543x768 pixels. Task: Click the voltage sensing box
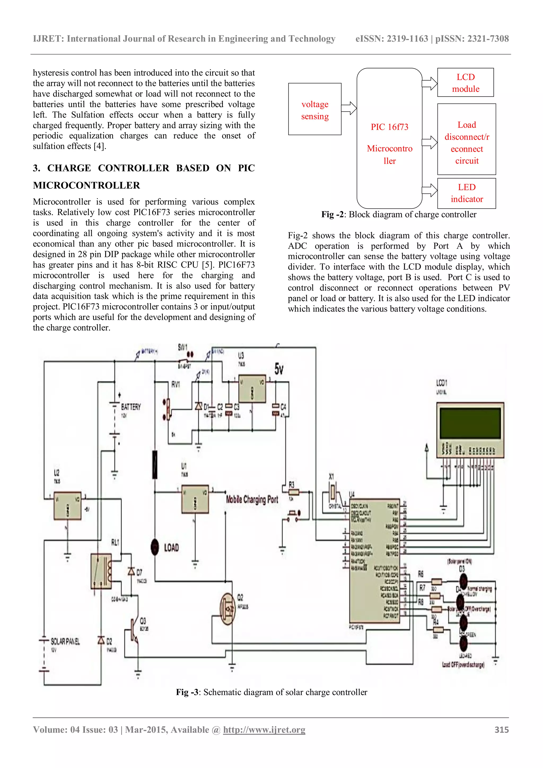(x=315, y=109)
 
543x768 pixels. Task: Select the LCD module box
(x=465, y=83)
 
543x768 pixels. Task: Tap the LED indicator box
(x=466, y=193)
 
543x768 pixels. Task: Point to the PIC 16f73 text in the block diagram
(x=389, y=127)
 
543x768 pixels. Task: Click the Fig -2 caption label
(x=333, y=215)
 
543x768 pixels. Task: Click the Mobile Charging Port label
(x=252, y=500)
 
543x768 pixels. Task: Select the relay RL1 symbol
(x=101, y=571)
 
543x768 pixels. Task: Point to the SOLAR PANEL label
(x=65, y=642)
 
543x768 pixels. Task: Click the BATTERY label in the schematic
(x=131, y=407)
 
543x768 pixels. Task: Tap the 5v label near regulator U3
(x=279, y=369)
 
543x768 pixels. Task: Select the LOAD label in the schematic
(x=171, y=548)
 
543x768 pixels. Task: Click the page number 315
(x=502, y=730)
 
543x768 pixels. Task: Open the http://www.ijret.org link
(x=264, y=730)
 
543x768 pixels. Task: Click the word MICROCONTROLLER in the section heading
(x=86, y=185)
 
